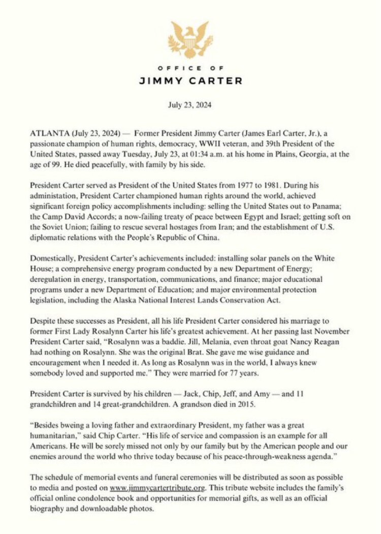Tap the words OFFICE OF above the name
(190, 68)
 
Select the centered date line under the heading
(190, 106)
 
